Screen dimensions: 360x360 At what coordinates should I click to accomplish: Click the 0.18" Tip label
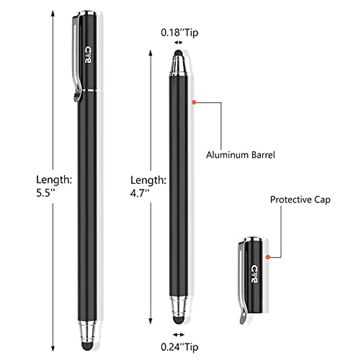coord(179,32)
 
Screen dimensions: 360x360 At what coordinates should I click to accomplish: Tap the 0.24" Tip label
coord(179,347)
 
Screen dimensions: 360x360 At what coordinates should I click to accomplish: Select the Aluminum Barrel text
coord(240,155)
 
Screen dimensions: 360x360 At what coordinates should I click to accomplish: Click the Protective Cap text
coord(300,199)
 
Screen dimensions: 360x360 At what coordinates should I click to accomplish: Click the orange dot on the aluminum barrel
coord(194,102)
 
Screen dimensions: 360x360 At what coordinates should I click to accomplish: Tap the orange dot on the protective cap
coord(268,257)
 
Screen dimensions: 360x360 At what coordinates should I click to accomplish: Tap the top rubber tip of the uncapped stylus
coord(178,53)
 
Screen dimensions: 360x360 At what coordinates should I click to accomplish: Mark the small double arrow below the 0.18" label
coord(178,43)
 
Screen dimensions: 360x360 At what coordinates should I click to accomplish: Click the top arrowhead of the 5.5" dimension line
coord(53,14)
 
